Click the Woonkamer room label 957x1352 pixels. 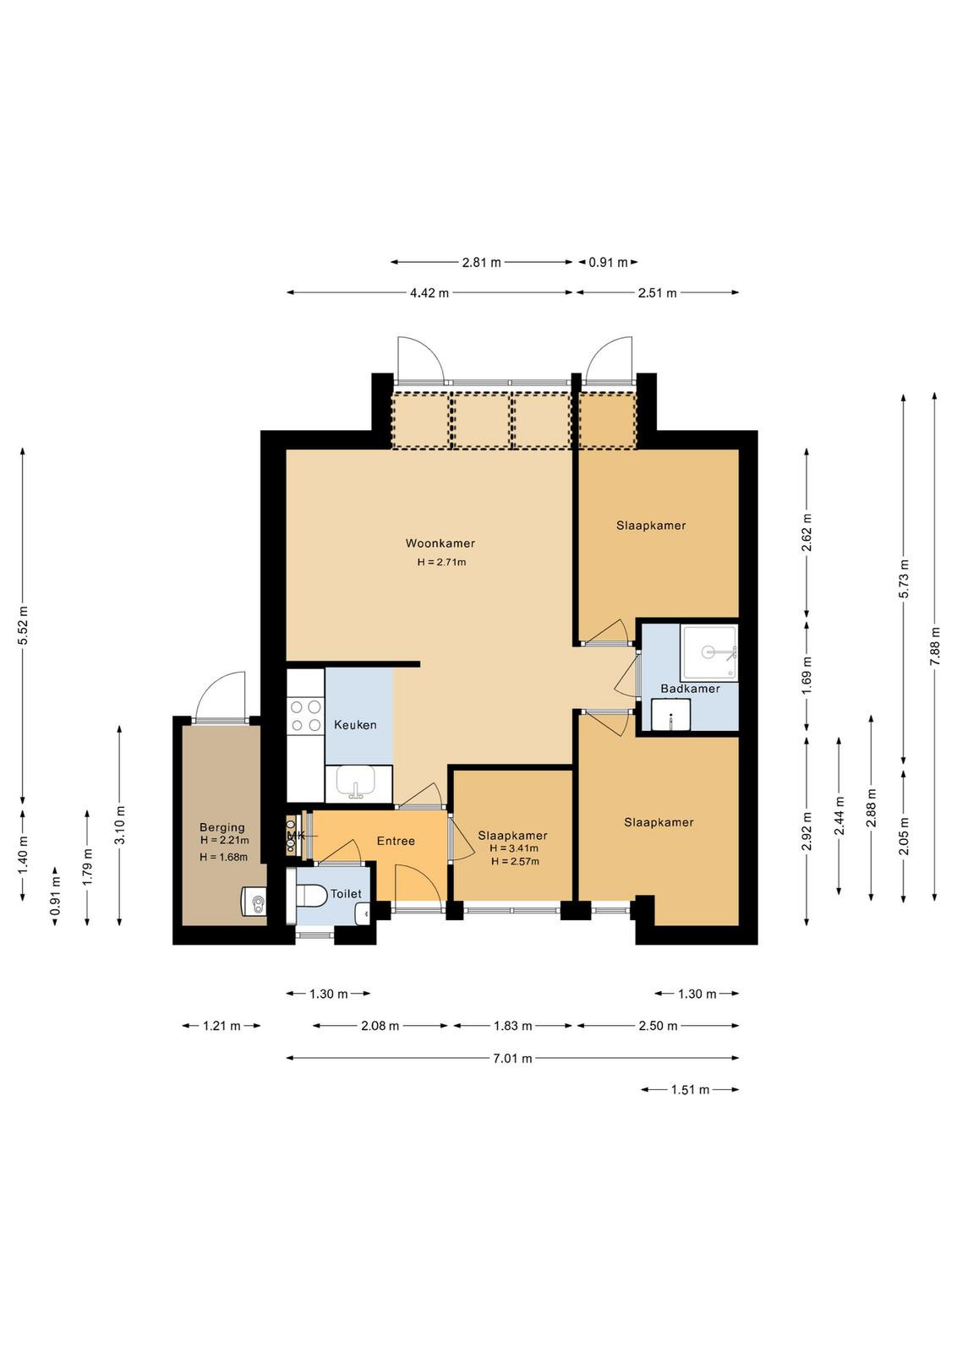440,543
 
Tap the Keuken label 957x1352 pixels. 355,725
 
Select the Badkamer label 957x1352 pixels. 690,689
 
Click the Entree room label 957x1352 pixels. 396,841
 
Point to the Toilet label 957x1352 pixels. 346,894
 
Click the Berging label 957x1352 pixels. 222,827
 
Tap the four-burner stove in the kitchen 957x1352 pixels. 306,716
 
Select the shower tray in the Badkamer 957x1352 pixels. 708,652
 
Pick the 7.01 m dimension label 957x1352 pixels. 513,1058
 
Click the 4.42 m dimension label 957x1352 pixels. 430,293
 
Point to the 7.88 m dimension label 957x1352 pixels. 935,646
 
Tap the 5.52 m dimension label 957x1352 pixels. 23,625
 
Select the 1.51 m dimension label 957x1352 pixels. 690,1090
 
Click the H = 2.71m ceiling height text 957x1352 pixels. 441,563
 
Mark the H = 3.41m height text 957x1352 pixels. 514,848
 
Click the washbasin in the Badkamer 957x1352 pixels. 670,715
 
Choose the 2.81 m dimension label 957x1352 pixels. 482,263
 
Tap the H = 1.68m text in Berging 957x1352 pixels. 223,857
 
